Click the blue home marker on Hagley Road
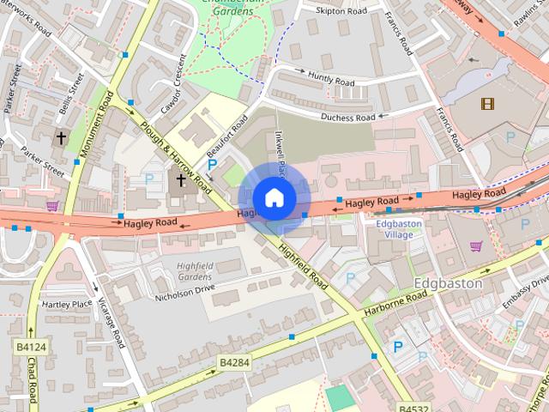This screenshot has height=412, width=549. (274, 198)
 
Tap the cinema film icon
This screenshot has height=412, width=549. (488, 104)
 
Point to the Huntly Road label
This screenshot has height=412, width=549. (330, 81)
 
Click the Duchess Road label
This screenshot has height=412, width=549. (348, 117)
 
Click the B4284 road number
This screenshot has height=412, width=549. (234, 363)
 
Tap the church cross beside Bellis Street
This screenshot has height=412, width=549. (61, 137)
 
